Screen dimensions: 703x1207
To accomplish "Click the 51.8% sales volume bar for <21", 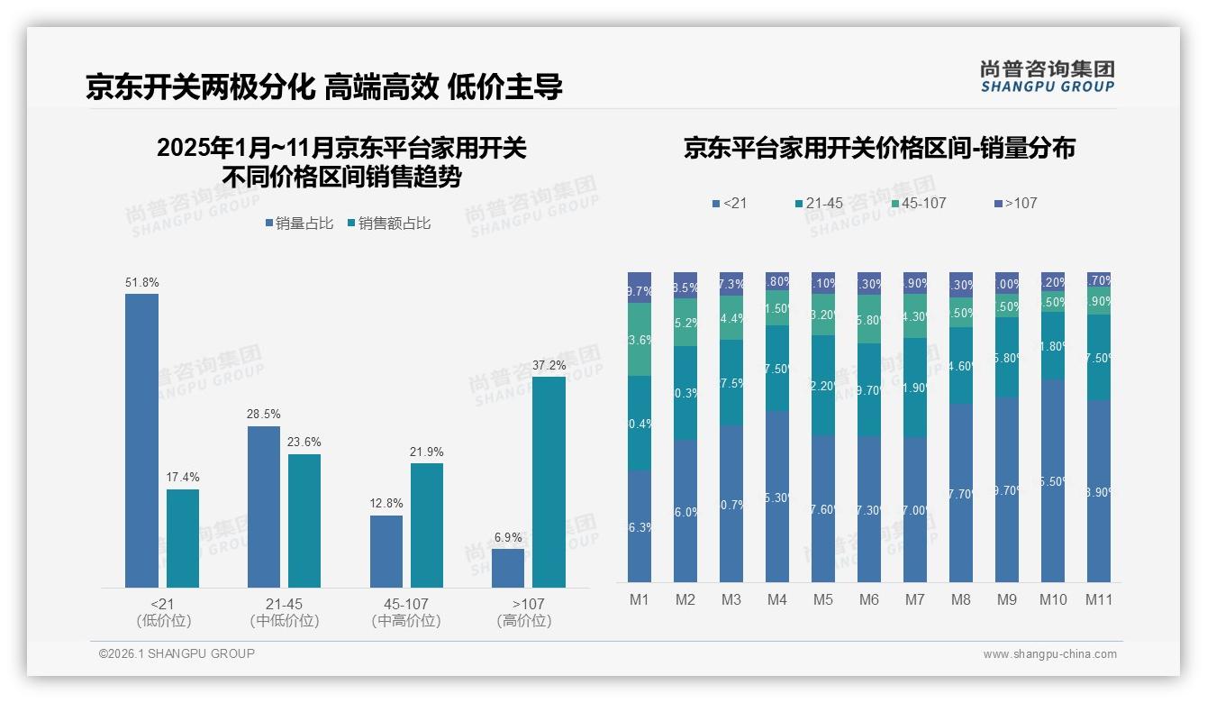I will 141,441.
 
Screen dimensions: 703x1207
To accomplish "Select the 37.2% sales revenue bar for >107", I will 549,482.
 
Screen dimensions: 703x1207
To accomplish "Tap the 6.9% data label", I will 508,537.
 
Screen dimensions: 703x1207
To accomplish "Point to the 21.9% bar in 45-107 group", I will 427,525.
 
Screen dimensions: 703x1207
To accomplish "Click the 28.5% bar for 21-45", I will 264,507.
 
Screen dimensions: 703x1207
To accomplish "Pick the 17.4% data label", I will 183,478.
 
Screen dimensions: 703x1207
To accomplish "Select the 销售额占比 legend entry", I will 388,224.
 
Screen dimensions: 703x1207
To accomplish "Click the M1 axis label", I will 639,599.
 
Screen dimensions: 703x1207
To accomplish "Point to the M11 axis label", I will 1099,599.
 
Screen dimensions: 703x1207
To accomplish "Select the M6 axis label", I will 869,599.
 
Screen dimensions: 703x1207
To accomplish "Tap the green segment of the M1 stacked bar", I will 639,339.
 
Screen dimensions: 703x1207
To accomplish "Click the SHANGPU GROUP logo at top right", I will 1047,77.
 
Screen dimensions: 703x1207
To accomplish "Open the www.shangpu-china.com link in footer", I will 1049,654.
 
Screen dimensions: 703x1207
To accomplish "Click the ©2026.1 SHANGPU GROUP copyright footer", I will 177,653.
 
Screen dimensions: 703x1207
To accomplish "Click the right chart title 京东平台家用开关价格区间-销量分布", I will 879,149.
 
